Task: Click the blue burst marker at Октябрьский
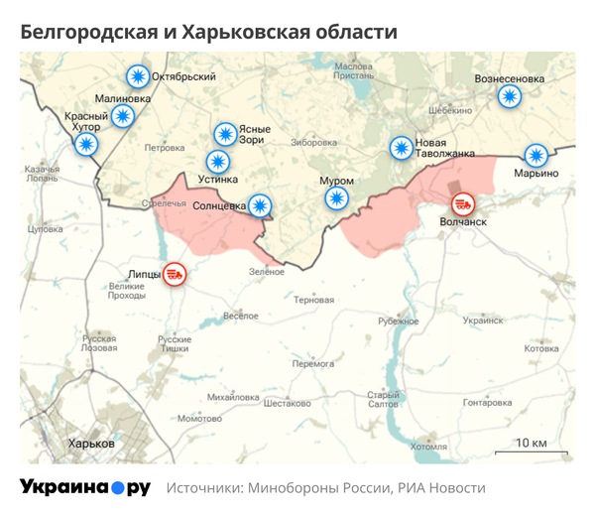click(137, 76)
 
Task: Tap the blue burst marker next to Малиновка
click(123, 116)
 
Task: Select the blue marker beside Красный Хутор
click(87, 145)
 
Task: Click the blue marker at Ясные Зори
click(225, 133)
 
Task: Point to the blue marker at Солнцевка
click(260, 205)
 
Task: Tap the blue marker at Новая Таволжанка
click(401, 148)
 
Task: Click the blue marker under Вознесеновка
click(509, 96)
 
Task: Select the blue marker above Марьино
click(535, 155)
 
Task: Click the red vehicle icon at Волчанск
click(463, 204)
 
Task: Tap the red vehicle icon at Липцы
click(175, 273)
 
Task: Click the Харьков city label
click(90, 444)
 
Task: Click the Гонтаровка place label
click(487, 403)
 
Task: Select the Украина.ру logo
click(84, 487)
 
